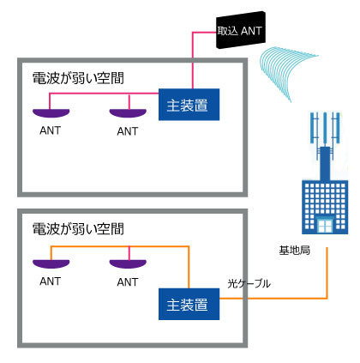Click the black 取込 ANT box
(x=241, y=30)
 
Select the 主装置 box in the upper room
(x=189, y=105)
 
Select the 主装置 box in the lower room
(x=189, y=304)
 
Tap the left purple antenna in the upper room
(x=51, y=113)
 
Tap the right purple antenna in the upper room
(x=128, y=113)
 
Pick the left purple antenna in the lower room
(x=51, y=263)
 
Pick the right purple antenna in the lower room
(x=128, y=263)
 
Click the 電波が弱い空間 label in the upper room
(x=78, y=78)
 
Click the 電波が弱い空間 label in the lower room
(x=78, y=229)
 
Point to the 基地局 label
(x=294, y=251)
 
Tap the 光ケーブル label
(x=249, y=283)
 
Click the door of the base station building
(x=325, y=226)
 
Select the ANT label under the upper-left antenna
(x=51, y=130)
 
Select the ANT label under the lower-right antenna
(x=128, y=282)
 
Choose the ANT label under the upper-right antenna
(x=128, y=131)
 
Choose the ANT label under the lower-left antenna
(x=51, y=281)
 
